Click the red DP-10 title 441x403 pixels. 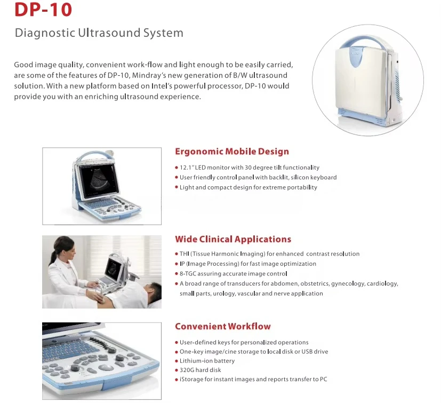(x=43, y=9)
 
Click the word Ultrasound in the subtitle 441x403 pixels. (x=109, y=33)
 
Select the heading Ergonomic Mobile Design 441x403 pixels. (x=232, y=151)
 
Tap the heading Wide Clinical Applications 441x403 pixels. (x=233, y=239)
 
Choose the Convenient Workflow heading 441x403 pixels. (x=223, y=326)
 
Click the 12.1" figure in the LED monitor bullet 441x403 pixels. (x=187, y=168)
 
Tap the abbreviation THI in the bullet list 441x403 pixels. (x=184, y=254)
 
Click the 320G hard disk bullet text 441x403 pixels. (x=201, y=370)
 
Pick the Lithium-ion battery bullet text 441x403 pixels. (x=207, y=361)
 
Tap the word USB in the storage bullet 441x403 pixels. (x=307, y=351)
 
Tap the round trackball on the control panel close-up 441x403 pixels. (x=106, y=367)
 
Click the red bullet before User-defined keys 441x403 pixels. (x=177, y=343)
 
